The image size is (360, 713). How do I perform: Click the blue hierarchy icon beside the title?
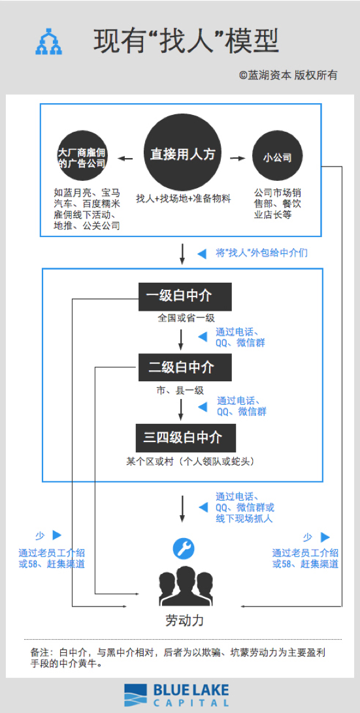pyautogui.click(x=48, y=41)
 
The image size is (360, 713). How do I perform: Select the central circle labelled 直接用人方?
pyautogui.click(x=182, y=154)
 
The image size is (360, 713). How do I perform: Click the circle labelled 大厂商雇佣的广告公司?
pyautogui.click(x=82, y=157)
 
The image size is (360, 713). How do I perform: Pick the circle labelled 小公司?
pyautogui.click(x=278, y=157)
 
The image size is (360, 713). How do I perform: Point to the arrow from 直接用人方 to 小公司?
pyautogui.click(x=238, y=157)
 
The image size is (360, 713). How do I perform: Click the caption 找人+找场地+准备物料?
pyautogui.click(x=183, y=198)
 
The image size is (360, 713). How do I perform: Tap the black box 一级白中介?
pyautogui.click(x=185, y=296)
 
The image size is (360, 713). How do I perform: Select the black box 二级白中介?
pyautogui.click(x=185, y=368)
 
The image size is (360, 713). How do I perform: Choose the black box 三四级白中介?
pyautogui.click(x=186, y=437)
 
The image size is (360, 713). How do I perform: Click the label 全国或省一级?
pyautogui.click(x=186, y=318)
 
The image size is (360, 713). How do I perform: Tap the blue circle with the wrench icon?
pyautogui.click(x=183, y=548)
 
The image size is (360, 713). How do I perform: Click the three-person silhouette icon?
pyautogui.click(x=185, y=588)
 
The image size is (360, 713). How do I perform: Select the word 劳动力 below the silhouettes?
pyautogui.click(x=184, y=620)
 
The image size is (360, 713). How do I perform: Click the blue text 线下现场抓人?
pyautogui.click(x=244, y=518)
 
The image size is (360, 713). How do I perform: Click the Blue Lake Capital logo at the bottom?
pyautogui.click(x=176, y=695)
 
